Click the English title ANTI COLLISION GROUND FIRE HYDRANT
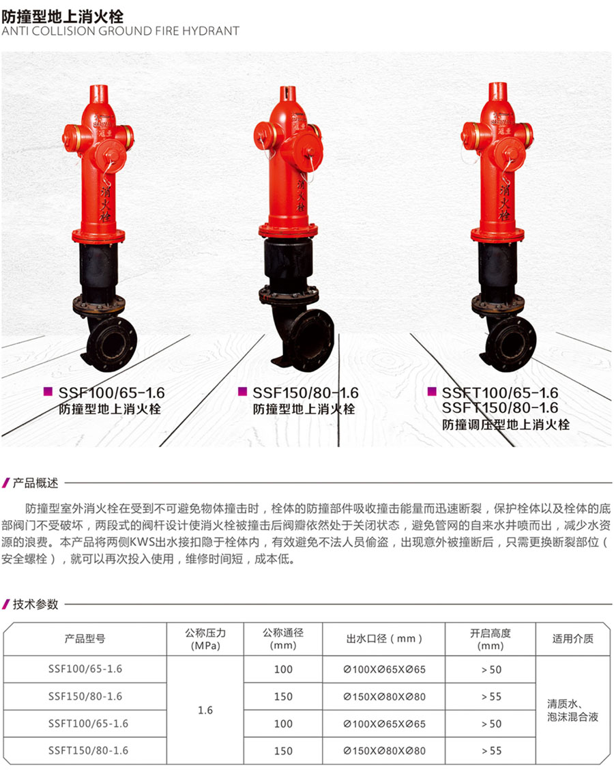(x=120, y=31)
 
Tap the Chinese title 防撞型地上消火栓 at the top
(x=63, y=16)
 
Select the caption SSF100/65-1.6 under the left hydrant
(x=111, y=393)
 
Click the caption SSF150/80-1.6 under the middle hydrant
(x=306, y=393)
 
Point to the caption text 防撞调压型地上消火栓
(x=506, y=425)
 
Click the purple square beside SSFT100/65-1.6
(x=432, y=391)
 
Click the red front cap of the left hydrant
(x=112, y=156)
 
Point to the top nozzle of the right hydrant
(x=497, y=92)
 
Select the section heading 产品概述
(x=35, y=483)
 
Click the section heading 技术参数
(x=35, y=604)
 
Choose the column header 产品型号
(x=85, y=639)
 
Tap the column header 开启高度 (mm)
(x=490, y=639)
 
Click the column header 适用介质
(x=572, y=639)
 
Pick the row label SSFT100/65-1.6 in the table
(x=88, y=724)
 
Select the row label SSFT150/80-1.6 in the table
(x=88, y=750)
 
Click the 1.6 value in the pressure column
(x=205, y=710)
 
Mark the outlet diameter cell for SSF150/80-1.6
(x=384, y=697)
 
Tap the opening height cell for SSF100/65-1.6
(x=491, y=670)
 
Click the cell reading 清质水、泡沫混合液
(x=572, y=711)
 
